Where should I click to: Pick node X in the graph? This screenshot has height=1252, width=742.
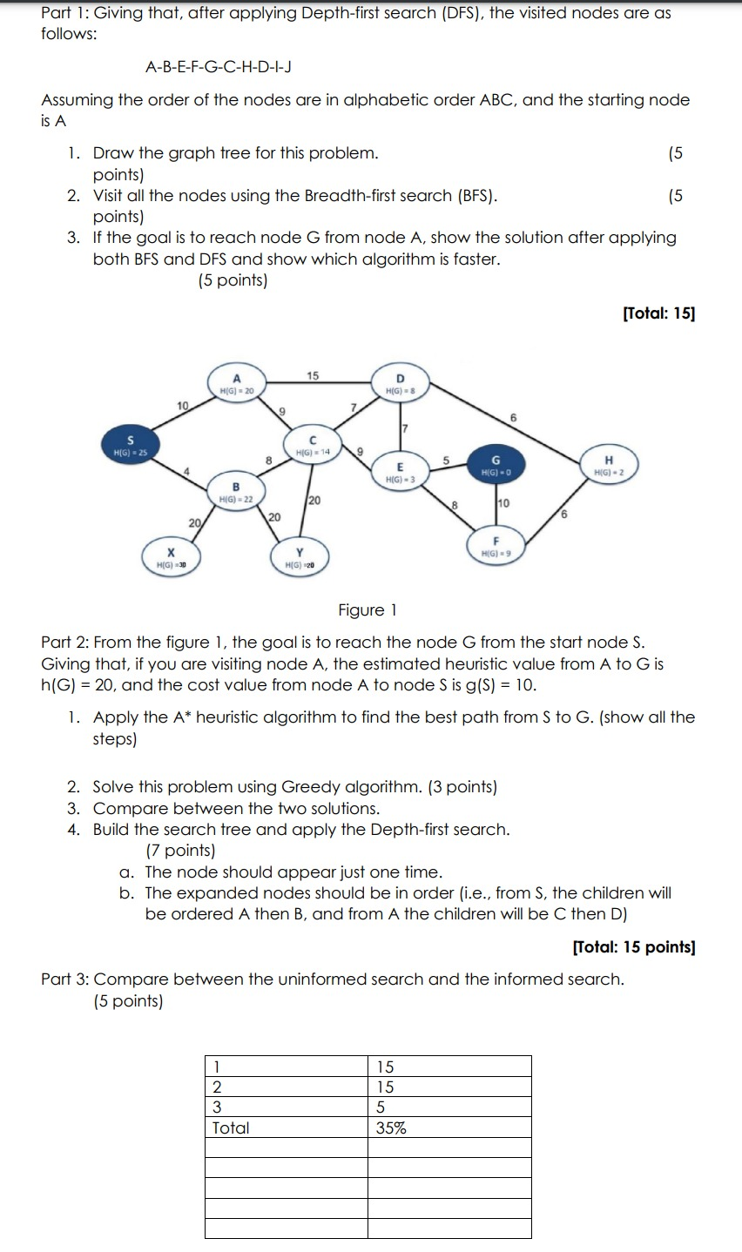click(x=172, y=558)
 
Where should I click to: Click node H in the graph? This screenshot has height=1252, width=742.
click(x=609, y=465)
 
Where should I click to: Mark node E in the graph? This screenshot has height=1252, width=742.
click(x=398, y=473)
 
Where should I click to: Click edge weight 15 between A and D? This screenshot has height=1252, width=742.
click(x=313, y=376)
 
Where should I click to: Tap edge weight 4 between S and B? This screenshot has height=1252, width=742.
click(x=185, y=472)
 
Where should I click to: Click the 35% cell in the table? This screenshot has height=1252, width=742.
click(x=391, y=1127)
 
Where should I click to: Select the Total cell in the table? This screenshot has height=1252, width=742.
click(x=231, y=1127)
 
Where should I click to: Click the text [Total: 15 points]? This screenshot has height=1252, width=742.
click(x=633, y=946)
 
